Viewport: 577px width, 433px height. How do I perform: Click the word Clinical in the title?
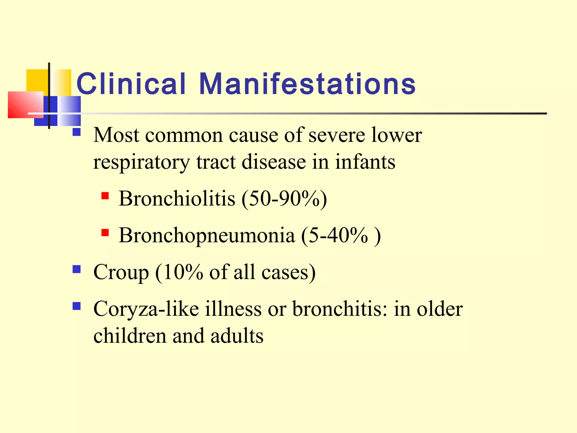tap(131, 84)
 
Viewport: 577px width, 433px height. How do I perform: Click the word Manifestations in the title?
tap(307, 84)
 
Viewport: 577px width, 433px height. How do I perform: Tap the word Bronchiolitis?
tap(177, 198)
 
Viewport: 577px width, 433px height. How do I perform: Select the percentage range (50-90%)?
tap(284, 199)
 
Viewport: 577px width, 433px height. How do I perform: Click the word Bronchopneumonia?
tap(207, 235)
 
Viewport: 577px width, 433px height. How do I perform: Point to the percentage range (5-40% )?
tap(341, 236)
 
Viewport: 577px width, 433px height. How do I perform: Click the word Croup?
tap(121, 272)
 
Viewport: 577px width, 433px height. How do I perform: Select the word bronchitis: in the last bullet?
tap(339, 308)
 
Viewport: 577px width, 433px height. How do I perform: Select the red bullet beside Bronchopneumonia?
tap(105, 232)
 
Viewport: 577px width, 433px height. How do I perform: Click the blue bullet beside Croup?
tap(77, 269)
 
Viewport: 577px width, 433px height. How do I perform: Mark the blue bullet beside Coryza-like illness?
tap(77, 306)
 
